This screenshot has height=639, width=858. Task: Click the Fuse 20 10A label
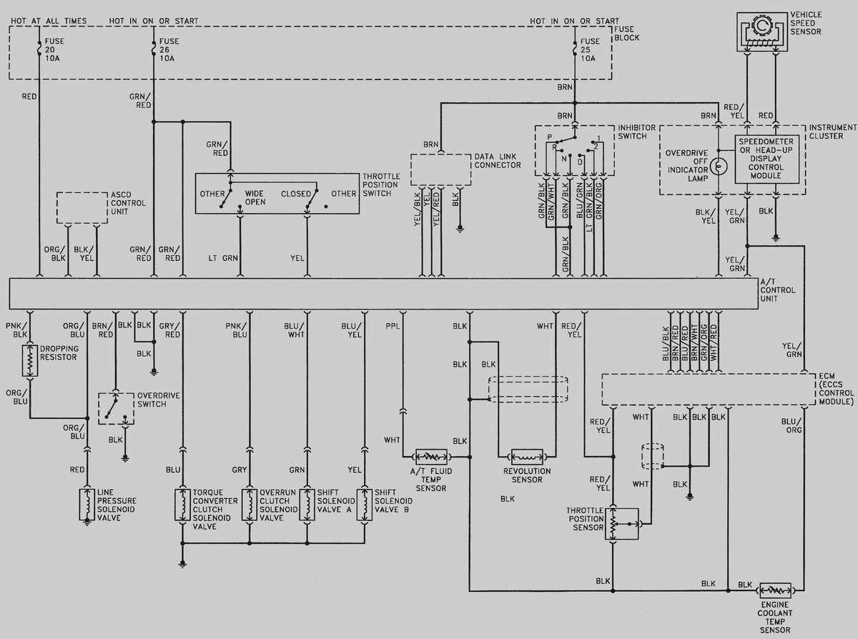click(51, 50)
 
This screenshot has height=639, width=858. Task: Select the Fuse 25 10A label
click(588, 50)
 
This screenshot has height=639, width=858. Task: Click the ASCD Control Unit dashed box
click(82, 207)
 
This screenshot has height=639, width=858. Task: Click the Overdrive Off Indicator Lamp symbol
click(721, 165)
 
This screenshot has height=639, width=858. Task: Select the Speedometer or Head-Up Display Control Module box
click(766, 159)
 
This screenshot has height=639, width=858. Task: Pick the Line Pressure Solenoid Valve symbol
click(87, 505)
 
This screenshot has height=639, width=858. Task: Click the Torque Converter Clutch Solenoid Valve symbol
click(182, 505)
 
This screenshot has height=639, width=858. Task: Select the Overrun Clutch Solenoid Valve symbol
click(250, 505)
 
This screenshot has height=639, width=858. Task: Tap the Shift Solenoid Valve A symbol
click(307, 505)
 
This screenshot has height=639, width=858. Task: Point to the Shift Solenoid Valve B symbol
click(364, 505)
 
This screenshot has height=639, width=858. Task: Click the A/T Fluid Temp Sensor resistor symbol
click(430, 456)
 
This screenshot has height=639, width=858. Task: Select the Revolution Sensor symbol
click(526, 456)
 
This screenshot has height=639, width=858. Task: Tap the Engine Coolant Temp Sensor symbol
click(775, 590)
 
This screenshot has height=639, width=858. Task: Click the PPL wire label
click(393, 326)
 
